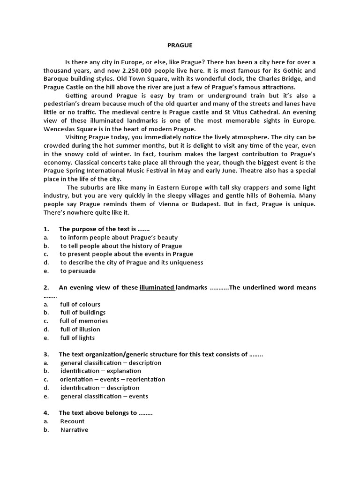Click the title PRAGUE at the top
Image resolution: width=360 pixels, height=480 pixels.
click(180, 45)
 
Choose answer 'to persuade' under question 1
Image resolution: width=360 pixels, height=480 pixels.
click(78, 271)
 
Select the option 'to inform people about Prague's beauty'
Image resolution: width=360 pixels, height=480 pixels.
click(119, 238)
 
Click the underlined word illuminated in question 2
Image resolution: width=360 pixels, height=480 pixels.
click(157, 287)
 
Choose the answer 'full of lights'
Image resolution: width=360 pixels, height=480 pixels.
click(77, 337)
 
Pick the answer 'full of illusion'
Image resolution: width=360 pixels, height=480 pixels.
click(80, 329)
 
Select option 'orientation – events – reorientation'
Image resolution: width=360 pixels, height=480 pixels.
click(112, 379)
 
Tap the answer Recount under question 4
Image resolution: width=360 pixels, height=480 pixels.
click(72, 421)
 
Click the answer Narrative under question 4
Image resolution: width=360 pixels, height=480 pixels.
click(74, 430)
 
